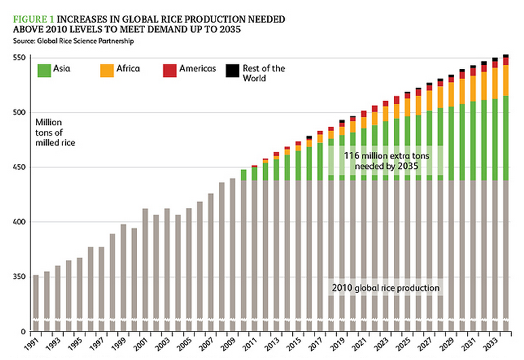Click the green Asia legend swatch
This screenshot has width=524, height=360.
click(x=45, y=69)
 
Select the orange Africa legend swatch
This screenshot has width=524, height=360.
click(x=106, y=69)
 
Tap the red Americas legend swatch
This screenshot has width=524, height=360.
click(x=169, y=69)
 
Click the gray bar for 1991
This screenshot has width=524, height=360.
click(x=36, y=298)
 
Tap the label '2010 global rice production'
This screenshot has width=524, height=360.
click(x=386, y=288)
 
